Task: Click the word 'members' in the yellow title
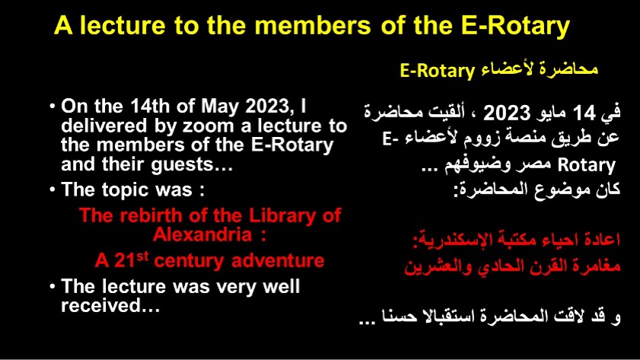(x=313, y=25)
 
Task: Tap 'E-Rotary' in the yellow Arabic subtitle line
(x=437, y=71)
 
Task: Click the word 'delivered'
(x=104, y=126)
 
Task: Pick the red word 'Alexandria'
(x=202, y=234)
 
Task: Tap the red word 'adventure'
(x=278, y=261)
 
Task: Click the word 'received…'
(x=110, y=305)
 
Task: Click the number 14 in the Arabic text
(x=584, y=113)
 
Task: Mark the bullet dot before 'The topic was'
(x=53, y=189)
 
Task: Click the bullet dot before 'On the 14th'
(x=53, y=106)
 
